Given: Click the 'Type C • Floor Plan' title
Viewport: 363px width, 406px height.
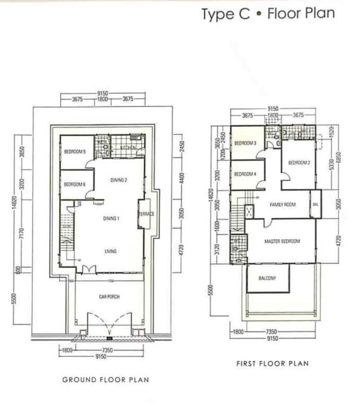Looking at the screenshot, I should (268, 13).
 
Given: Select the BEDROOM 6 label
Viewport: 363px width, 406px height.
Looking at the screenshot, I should (75, 184).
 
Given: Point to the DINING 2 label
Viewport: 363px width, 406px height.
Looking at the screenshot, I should (119, 180).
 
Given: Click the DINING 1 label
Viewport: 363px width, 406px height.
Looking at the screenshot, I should (111, 218).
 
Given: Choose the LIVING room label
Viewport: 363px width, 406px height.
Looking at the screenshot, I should (110, 251).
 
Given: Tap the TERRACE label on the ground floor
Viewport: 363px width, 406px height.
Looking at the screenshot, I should (146, 214).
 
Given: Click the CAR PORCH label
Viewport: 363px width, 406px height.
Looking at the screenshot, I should (109, 297).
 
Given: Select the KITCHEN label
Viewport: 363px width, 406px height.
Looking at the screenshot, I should (129, 147).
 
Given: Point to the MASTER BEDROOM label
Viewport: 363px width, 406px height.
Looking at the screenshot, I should (282, 241).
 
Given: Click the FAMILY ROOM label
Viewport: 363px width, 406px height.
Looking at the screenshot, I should (283, 205).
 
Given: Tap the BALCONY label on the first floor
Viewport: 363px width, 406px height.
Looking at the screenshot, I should (267, 278).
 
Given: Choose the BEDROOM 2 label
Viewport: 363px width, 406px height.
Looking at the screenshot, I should (299, 163).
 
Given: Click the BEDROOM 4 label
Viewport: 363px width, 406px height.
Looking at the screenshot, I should (245, 174).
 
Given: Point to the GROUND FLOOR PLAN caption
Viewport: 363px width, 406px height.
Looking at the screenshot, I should (105, 380).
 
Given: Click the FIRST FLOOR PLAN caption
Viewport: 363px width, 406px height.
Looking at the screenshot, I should (273, 363).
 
